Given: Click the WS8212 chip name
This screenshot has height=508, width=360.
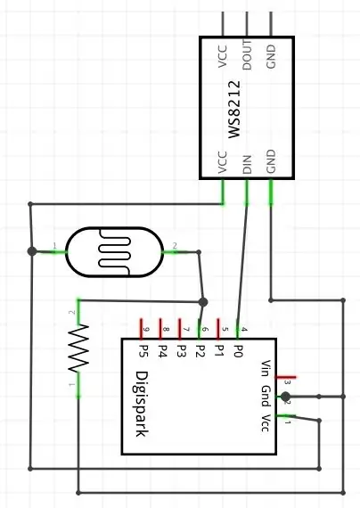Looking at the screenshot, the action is click(x=234, y=110).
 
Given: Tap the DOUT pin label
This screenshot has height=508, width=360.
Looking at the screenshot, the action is click(x=247, y=54).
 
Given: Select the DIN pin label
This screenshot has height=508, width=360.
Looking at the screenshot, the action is click(x=247, y=164).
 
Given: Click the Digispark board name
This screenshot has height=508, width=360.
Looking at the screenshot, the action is click(x=142, y=404).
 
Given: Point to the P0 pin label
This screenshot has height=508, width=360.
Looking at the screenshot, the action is click(x=238, y=351).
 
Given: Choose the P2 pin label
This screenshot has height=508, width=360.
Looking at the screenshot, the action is click(x=200, y=351).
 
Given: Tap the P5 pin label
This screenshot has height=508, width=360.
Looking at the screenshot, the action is click(x=143, y=351).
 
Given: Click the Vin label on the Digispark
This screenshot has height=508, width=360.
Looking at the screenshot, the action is click(x=266, y=368).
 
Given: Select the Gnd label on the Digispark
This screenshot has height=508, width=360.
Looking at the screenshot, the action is click(x=266, y=396).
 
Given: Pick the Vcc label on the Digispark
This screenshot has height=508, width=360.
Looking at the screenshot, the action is click(x=266, y=422).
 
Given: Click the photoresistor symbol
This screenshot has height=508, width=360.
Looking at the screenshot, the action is click(x=114, y=252).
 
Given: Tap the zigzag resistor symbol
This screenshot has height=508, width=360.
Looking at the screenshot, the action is click(x=78, y=348).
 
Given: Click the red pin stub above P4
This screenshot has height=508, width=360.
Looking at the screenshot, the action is click(x=160, y=329).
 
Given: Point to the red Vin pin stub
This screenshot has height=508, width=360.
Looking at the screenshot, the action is click(x=285, y=377).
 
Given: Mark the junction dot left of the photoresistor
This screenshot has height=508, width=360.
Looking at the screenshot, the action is click(x=32, y=251).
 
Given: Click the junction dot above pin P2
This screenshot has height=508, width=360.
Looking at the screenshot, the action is click(x=203, y=302).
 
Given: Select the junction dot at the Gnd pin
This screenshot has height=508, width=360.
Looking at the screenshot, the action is click(x=285, y=397).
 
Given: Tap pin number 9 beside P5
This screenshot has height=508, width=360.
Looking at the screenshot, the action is click(x=146, y=330).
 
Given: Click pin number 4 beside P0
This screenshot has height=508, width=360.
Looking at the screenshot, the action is click(x=244, y=330).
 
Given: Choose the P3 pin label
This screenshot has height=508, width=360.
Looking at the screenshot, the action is click(x=181, y=351).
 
